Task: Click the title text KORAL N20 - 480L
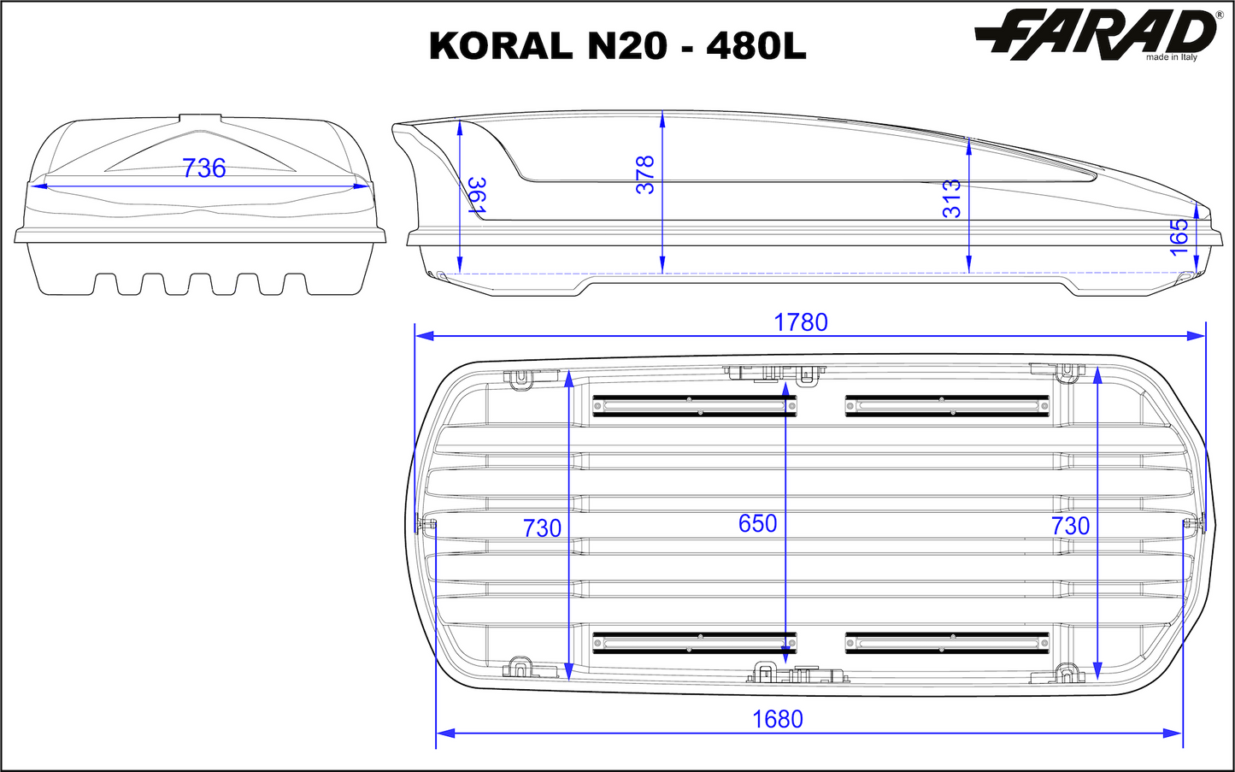point(617,46)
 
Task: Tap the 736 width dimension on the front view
point(203,168)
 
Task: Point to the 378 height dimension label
point(645,174)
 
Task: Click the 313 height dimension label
point(951,198)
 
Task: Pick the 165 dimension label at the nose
point(1179,236)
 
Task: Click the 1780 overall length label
point(801,322)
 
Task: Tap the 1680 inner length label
point(778,720)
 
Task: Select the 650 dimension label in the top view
point(757,523)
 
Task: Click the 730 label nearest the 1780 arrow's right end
point(1070,526)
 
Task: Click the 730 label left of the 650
point(542,528)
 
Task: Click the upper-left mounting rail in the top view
point(694,405)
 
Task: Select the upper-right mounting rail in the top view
point(947,405)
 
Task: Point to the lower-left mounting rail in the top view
point(694,642)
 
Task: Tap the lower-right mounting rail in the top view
point(947,642)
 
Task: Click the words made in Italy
point(1172,57)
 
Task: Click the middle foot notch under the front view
point(201,284)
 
